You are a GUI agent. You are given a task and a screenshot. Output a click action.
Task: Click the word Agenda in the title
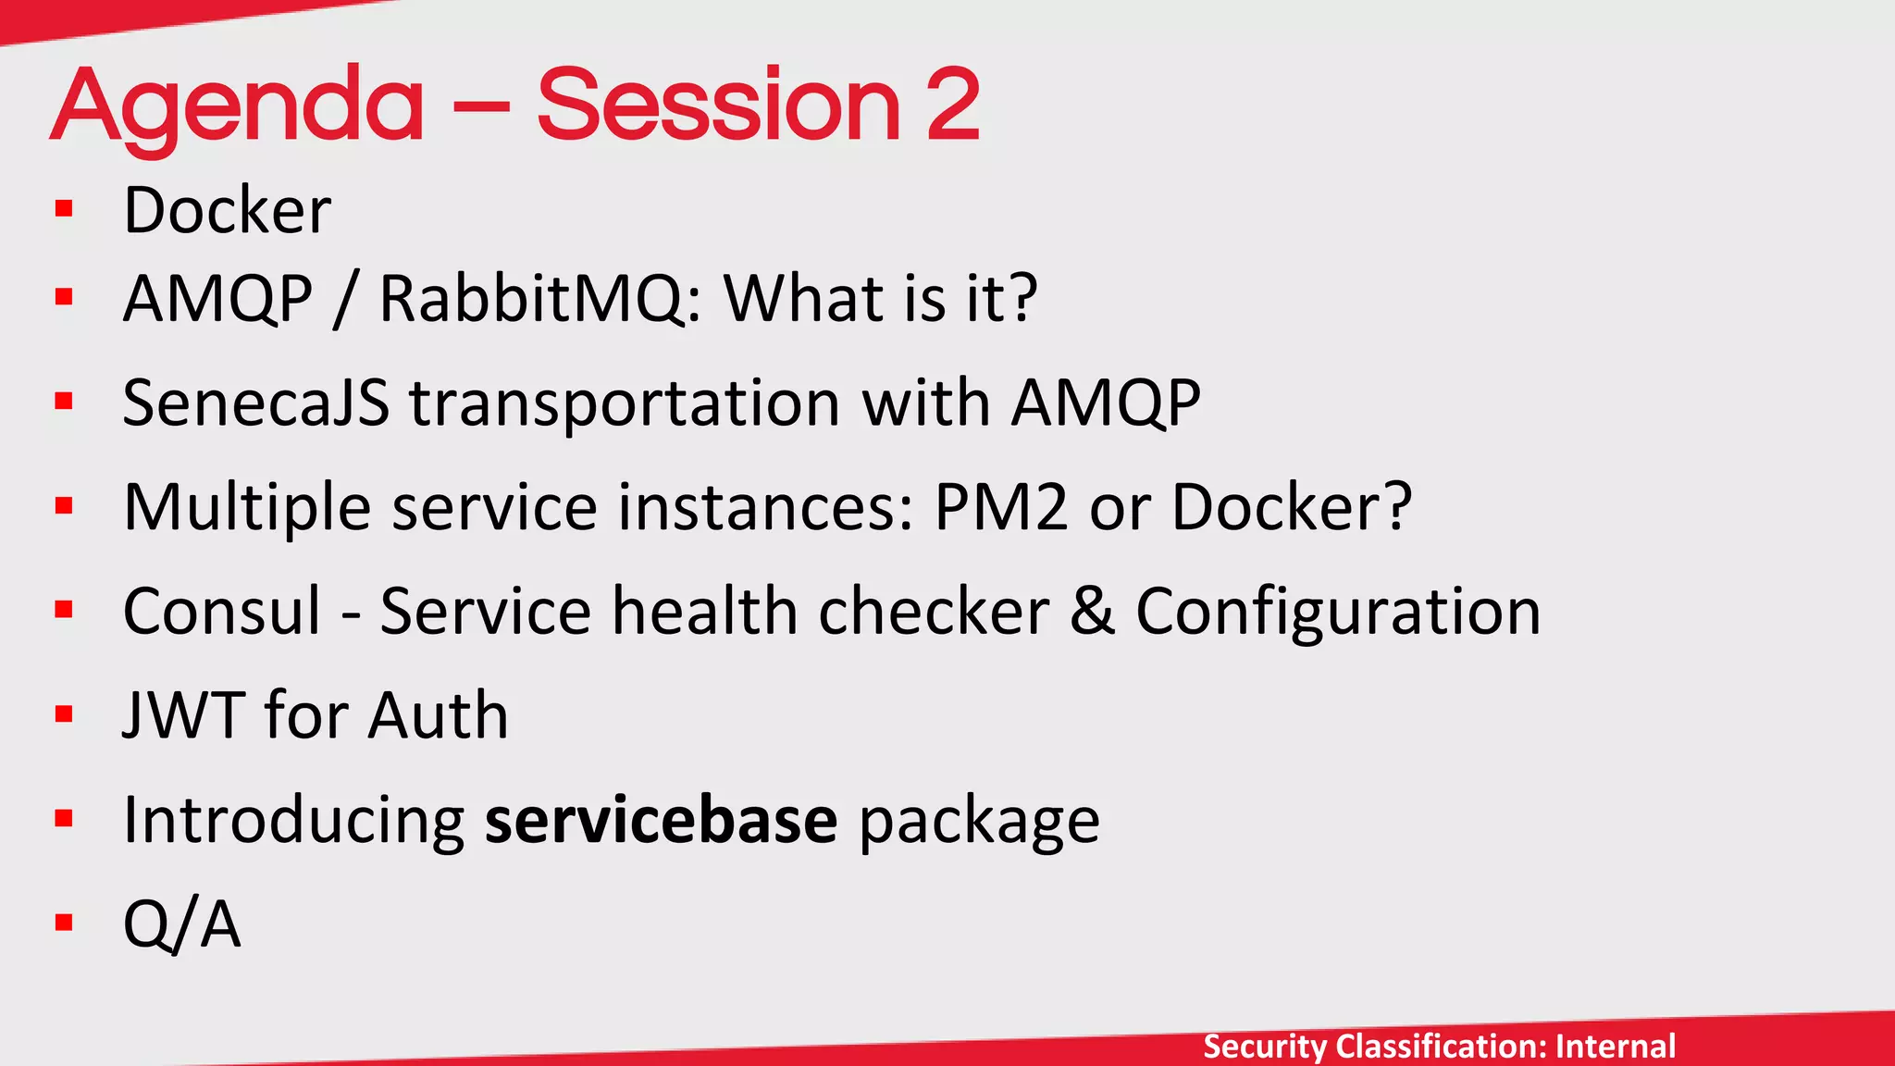[237, 106]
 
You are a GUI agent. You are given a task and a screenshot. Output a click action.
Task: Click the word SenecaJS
[255, 403]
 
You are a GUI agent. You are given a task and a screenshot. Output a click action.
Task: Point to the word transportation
[625, 403]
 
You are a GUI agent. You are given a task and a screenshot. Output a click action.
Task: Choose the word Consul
[222, 612]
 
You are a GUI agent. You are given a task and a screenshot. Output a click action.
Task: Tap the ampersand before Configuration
[1092, 612]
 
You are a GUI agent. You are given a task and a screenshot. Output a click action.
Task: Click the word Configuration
[1338, 612]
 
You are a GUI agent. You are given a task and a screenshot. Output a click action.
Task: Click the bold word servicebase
[661, 820]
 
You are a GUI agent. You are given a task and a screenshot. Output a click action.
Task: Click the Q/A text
[181, 923]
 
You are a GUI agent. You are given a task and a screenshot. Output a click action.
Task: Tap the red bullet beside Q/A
[64, 923]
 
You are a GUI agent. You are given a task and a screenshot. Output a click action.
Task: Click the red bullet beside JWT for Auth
[64, 714]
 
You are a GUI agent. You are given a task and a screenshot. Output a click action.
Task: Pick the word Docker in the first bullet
[227, 210]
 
